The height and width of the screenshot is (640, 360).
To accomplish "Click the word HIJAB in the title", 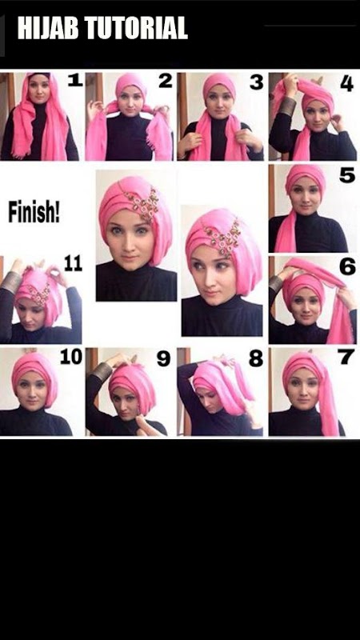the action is tap(48, 28).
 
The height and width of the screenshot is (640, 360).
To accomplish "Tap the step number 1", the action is tap(75, 81).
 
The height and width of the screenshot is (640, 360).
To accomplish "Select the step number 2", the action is tap(166, 81).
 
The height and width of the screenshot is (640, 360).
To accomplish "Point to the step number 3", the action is tap(256, 82).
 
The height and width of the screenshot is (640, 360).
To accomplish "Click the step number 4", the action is tap(346, 83).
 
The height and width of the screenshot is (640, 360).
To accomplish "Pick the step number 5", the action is tap(347, 174).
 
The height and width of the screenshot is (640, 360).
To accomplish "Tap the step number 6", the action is tap(347, 266).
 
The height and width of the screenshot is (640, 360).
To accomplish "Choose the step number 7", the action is tap(346, 357).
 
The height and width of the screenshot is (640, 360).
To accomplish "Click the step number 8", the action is tap(256, 358).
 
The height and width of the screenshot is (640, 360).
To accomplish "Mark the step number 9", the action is tap(164, 358).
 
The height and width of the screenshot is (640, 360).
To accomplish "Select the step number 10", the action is tap(71, 356).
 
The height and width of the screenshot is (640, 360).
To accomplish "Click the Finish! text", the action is tap(34, 213).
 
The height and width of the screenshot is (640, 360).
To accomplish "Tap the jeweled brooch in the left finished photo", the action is tap(143, 202).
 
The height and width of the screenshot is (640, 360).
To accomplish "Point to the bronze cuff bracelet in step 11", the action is tap(10, 282).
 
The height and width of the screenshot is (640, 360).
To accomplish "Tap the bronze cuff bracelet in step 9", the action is tap(102, 372).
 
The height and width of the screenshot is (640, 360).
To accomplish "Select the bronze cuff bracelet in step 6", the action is tap(276, 284).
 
